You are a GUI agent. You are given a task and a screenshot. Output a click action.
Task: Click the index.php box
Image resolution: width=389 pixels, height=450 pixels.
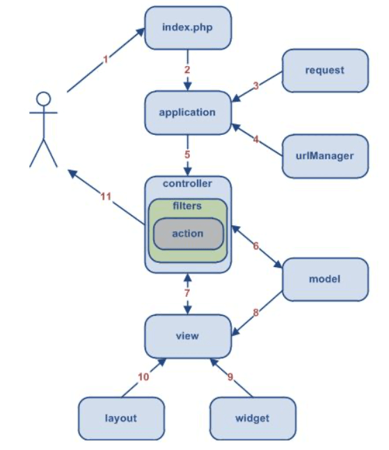pyautogui.click(x=187, y=28)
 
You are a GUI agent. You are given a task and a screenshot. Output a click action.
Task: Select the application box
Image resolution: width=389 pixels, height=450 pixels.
pyautogui.click(x=187, y=112)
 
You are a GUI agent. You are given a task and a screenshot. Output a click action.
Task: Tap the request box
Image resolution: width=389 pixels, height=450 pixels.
pyautogui.click(x=325, y=70)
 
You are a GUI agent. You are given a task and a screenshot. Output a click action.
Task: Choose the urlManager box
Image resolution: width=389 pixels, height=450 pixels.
pyautogui.click(x=325, y=155)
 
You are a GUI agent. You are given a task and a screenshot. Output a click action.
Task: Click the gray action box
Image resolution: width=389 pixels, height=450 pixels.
pyautogui.click(x=187, y=234)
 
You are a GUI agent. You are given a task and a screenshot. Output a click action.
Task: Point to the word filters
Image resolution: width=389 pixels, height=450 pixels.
pyautogui.click(x=187, y=206)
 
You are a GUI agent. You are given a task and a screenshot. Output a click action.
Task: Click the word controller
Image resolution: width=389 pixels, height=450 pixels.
pyautogui.click(x=187, y=184)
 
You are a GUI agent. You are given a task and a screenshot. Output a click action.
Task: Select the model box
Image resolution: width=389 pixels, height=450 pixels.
pyautogui.click(x=324, y=280)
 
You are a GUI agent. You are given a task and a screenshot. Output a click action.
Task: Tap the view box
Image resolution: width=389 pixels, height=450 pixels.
pyautogui.click(x=187, y=336)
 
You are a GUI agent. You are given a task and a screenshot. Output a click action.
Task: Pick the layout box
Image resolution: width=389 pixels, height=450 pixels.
pyautogui.click(x=120, y=418)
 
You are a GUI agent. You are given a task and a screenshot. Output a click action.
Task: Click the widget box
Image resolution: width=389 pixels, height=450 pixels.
pyautogui.click(x=253, y=418)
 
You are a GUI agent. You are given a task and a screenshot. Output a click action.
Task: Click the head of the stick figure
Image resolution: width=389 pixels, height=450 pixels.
pyautogui.click(x=44, y=99)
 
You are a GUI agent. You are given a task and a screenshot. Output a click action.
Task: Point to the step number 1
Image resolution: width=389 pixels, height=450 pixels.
pyautogui.click(x=106, y=60)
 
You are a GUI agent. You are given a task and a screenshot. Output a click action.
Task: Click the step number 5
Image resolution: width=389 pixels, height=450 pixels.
pyautogui.click(x=187, y=154)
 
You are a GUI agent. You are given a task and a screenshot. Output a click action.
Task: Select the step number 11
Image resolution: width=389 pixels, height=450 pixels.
pyautogui.click(x=105, y=197)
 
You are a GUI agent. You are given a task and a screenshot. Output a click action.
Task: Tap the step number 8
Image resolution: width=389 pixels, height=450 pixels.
pyautogui.click(x=256, y=313)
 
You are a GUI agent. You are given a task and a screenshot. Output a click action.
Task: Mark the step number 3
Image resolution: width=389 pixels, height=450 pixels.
pyautogui.click(x=255, y=86)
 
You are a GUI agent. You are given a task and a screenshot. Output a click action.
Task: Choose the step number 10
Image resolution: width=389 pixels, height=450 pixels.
pyautogui.click(x=143, y=377)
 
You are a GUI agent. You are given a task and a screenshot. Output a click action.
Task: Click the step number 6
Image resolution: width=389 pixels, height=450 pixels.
pyautogui.click(x=255, y=246)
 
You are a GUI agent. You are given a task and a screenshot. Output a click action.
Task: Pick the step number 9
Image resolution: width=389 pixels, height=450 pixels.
pyautogui.click(x=230, y=378)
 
